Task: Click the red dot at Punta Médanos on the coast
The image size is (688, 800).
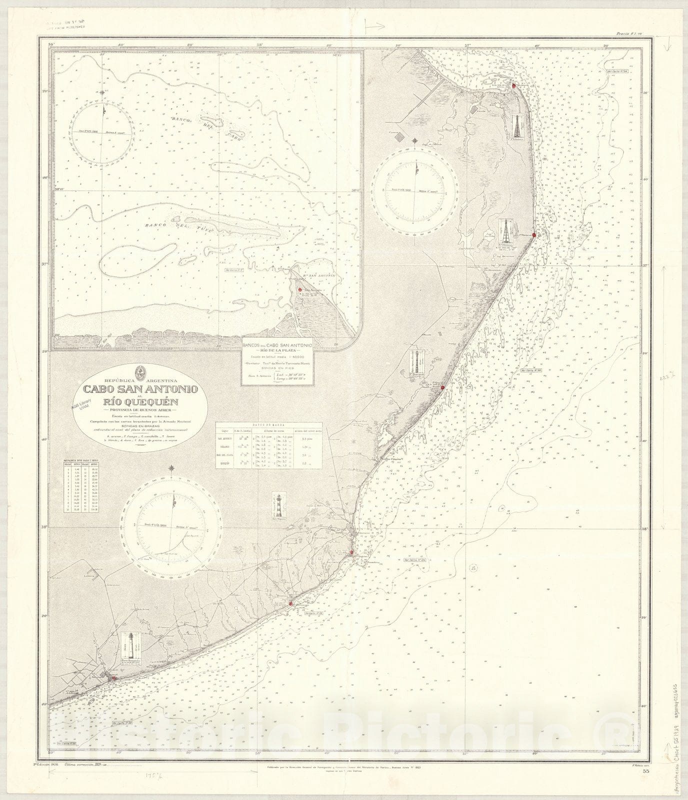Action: pyautogui.click(x=534, y=234)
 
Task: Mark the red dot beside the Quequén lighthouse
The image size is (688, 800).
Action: pyautogui.click(x=114, y=678)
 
